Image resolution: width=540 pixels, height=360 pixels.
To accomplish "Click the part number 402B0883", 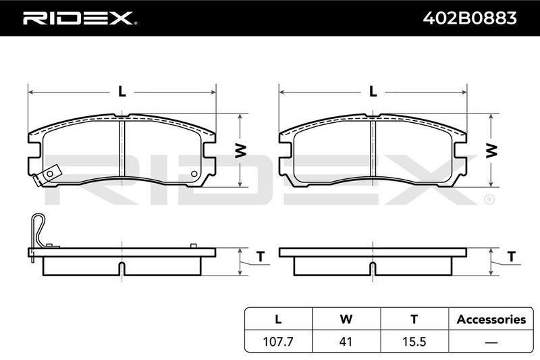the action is pyautogui.click(x=470, y=18).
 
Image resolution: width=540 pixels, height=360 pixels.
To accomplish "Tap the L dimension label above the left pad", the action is pyautogui.click(x=122, y=92).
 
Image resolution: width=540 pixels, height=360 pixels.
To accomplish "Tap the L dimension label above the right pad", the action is pyautogui.click(x=373, y=92).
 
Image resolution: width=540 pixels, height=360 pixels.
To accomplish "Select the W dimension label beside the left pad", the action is pyautogui.click(x=241, y=151).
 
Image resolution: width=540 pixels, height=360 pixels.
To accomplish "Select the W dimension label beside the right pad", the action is pyautogui.click(x=491, y=151).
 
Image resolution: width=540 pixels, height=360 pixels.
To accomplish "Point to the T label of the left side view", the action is pyautogui.click(x=261, y=257).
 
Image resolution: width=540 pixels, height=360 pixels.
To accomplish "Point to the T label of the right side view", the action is pyautogui.click(x=512, y=257).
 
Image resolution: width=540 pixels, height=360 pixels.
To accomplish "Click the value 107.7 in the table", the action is pyautogui.click(x=278, y=342).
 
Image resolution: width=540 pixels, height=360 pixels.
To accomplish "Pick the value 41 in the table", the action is pyautogui.click(x=346, y=342).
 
